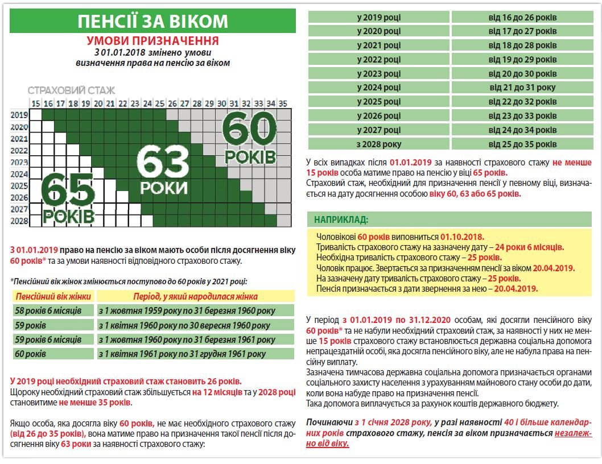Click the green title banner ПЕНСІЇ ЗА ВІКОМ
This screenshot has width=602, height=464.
click(x=153, y=21)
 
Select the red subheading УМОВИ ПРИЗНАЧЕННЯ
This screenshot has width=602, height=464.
click(x=153, y=41)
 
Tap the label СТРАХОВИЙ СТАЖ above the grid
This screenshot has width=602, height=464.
click(x=72, y=90)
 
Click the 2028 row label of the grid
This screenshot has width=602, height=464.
click(x=19, y=221)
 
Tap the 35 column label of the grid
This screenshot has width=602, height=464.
click(x=283, y=103)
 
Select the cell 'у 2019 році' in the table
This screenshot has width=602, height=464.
click(x=378, y=17)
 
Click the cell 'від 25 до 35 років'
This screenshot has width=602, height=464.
click(x=522, y=144)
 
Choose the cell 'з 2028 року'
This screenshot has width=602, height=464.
click(x=378, y=144)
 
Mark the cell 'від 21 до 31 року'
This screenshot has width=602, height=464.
click(x=522, y=88)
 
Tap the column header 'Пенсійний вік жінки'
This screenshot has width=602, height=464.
click(x=53, y=296)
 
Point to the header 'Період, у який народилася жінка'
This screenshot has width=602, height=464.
click(x=195, y=296)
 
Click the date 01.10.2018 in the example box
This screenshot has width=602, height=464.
click(x=463, y=237)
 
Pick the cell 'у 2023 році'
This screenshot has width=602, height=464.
click(x=378, y=73)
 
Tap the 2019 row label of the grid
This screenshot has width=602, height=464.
click(x=19, y=114)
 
